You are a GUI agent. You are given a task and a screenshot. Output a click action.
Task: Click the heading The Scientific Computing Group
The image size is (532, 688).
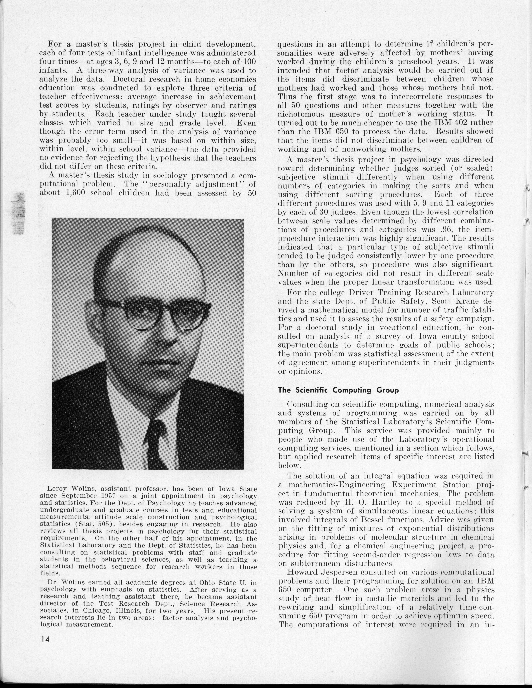338,390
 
